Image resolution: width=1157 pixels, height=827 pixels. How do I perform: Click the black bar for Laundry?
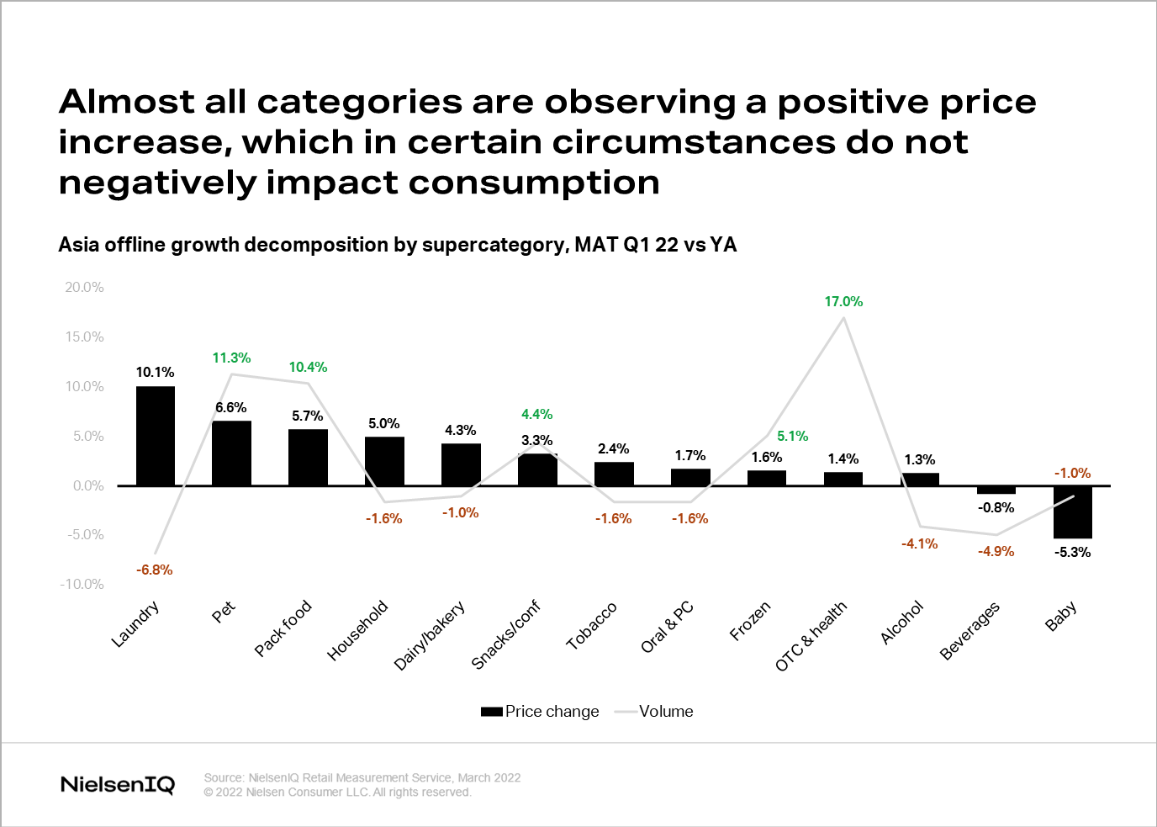[156, 436]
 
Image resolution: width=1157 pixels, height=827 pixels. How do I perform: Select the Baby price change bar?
[1073, 512]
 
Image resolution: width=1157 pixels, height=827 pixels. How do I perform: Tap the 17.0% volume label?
[843, 301]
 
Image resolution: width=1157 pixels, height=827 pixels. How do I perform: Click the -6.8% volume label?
[155, 570]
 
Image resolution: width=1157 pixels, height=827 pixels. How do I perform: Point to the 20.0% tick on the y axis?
[84, 287]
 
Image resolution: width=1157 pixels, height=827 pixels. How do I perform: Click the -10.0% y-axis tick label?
[82, 584]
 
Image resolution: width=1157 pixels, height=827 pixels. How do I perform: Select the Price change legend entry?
[541, 711]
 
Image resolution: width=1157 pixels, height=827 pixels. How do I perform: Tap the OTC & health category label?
[811, 636]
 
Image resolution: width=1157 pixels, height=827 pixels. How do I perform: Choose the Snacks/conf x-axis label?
[506, 634]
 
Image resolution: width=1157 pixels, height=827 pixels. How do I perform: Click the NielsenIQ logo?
[118, 784]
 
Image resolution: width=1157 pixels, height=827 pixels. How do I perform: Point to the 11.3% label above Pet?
[231, 358]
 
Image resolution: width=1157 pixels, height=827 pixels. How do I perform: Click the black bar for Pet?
[232, 453]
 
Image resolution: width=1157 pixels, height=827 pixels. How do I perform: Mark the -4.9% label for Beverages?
[996, 551]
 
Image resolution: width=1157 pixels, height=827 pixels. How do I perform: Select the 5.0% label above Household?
[384, 423]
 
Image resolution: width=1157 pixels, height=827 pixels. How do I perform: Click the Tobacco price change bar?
[614, 474]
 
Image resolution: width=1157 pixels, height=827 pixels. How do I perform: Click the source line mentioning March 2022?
[362, 777]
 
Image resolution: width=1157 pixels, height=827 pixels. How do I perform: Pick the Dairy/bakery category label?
[430, 636]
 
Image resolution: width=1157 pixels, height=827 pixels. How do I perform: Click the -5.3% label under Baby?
[1073, 552]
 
